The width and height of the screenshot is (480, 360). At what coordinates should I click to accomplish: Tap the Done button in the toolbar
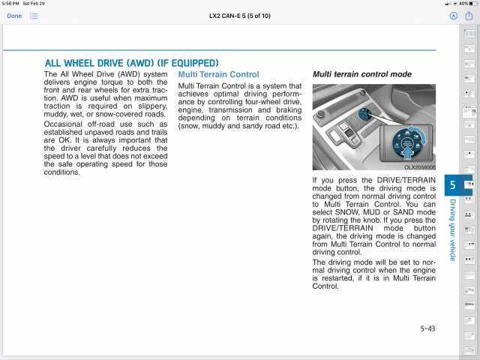coord(14,15)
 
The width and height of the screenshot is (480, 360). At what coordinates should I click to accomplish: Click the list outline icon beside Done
coord(34,15)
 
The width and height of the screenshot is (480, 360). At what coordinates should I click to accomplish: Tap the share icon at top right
coord(470,15)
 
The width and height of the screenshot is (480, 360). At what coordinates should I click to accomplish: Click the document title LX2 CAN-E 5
coord(239,15)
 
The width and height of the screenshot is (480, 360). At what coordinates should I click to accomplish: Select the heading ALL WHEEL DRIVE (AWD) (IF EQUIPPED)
coord(131,63)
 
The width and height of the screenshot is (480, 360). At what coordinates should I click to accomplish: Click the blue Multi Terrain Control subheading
coord(218,75)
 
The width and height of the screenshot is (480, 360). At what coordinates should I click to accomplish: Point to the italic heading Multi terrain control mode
coord(361,75)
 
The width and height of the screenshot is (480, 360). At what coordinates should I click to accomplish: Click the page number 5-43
coord(428,328)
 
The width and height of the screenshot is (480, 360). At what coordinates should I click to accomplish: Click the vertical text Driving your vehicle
coord(452,229)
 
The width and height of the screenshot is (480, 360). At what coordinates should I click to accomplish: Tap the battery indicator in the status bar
coord(469,4)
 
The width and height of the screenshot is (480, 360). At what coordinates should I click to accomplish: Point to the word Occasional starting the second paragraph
coord(65,124)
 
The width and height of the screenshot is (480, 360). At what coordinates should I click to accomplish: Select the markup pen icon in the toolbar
coord(453,15)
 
